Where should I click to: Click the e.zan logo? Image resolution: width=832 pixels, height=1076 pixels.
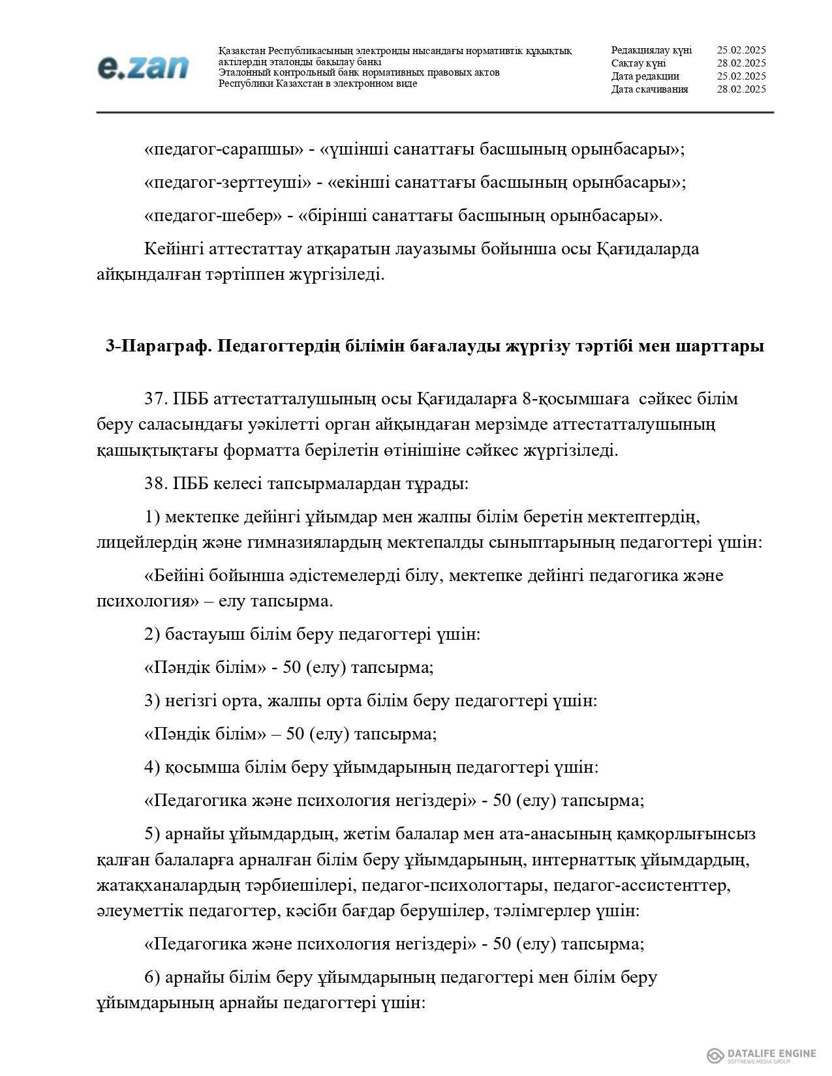(x=143, y=67)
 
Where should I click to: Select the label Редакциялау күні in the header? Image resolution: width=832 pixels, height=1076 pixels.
(x=651, y=50)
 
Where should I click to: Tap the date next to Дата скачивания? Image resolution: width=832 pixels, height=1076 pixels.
(x=741, y=89)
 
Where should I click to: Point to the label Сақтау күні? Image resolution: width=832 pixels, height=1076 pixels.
(x=638, y=63)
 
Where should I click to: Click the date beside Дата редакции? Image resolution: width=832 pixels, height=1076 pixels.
(x=741, y=76)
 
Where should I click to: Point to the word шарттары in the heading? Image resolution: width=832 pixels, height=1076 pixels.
(x=722, y=346)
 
